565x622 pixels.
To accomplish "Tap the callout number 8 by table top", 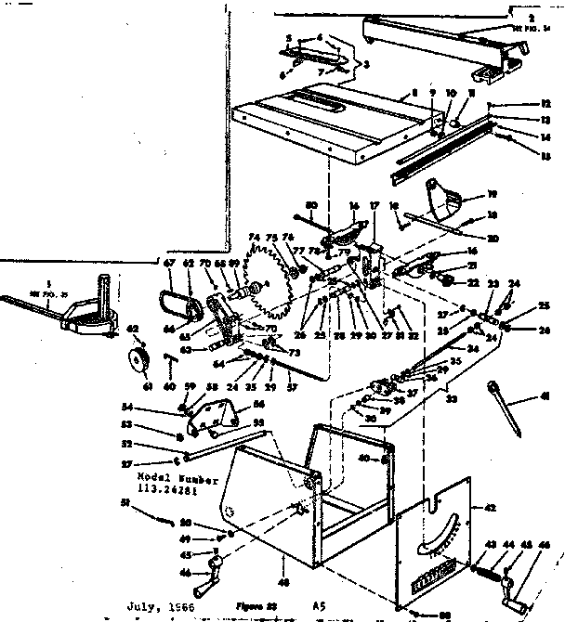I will click(x=413, y=92).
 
